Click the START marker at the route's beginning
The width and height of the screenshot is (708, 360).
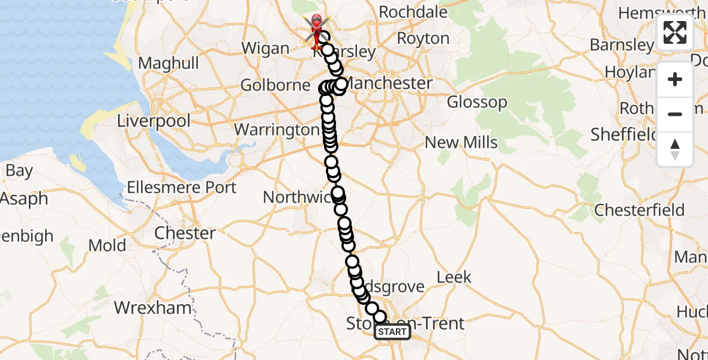(x=392, y=332)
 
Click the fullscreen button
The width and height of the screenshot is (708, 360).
(x=675, y=32)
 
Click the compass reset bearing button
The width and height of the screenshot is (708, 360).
(x=675, y=149)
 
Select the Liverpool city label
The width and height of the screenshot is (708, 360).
(x=154, y=121)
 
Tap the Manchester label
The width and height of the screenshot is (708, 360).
(x=389, y=83)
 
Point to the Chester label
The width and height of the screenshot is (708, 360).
(x=185, y=233)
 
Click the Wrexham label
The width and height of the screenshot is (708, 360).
(x=153, y=308)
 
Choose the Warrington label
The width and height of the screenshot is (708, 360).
(x=277, y=130)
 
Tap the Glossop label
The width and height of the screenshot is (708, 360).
(x=477, y=102)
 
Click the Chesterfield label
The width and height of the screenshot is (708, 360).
(x=640, y=210)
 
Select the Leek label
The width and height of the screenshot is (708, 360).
(x=454, y=277)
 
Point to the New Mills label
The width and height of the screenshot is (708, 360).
(x=461, y=142)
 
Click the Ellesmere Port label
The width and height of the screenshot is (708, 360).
(x=182, y=188)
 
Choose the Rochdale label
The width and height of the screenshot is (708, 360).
(x=413, y=12)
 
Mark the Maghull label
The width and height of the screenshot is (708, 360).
(x=169, y=63)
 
